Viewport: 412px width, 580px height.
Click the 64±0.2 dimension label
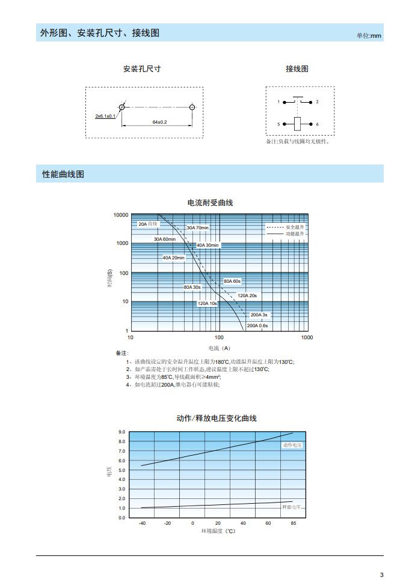(159, 122)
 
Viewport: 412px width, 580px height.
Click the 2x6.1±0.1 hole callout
(105, 116)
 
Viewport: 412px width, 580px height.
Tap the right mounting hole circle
(192, 107)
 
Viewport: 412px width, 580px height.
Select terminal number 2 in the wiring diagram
(317, 102)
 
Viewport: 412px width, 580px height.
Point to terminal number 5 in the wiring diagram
(278, 124)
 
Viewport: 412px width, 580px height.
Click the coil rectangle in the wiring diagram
(297, 124)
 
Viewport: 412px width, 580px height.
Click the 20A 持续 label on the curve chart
(148, 224)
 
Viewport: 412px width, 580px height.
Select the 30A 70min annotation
(197, 228)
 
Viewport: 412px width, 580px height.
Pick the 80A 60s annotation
(232, 281)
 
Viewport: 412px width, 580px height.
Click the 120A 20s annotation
(247, 295)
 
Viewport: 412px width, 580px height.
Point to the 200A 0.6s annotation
(257, 325)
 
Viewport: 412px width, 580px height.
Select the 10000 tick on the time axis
(121, 215)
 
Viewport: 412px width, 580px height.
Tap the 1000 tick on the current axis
(307, 337)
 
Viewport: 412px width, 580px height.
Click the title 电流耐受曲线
(210, 203)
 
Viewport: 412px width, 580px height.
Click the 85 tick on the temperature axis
(293, 524)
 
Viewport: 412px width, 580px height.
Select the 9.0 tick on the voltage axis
(121, 432)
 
